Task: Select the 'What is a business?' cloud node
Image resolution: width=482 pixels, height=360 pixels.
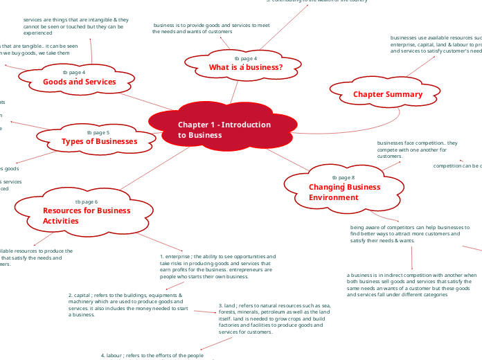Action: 245,67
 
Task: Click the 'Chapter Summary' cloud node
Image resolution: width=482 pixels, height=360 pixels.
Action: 387,94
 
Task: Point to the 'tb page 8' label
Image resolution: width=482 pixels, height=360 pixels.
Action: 343,178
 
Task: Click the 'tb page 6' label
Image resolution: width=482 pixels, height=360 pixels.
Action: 87,201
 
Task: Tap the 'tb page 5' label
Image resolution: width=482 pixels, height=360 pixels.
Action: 98,132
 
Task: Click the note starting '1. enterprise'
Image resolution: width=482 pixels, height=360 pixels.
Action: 217,267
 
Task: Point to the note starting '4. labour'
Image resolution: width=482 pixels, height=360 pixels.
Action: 152,355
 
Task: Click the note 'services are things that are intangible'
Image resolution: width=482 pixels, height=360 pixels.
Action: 75,26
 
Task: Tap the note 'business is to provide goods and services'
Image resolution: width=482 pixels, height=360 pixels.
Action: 211,28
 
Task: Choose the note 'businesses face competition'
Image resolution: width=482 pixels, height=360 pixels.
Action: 418,150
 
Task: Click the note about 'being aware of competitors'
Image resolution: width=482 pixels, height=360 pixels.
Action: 406,234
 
